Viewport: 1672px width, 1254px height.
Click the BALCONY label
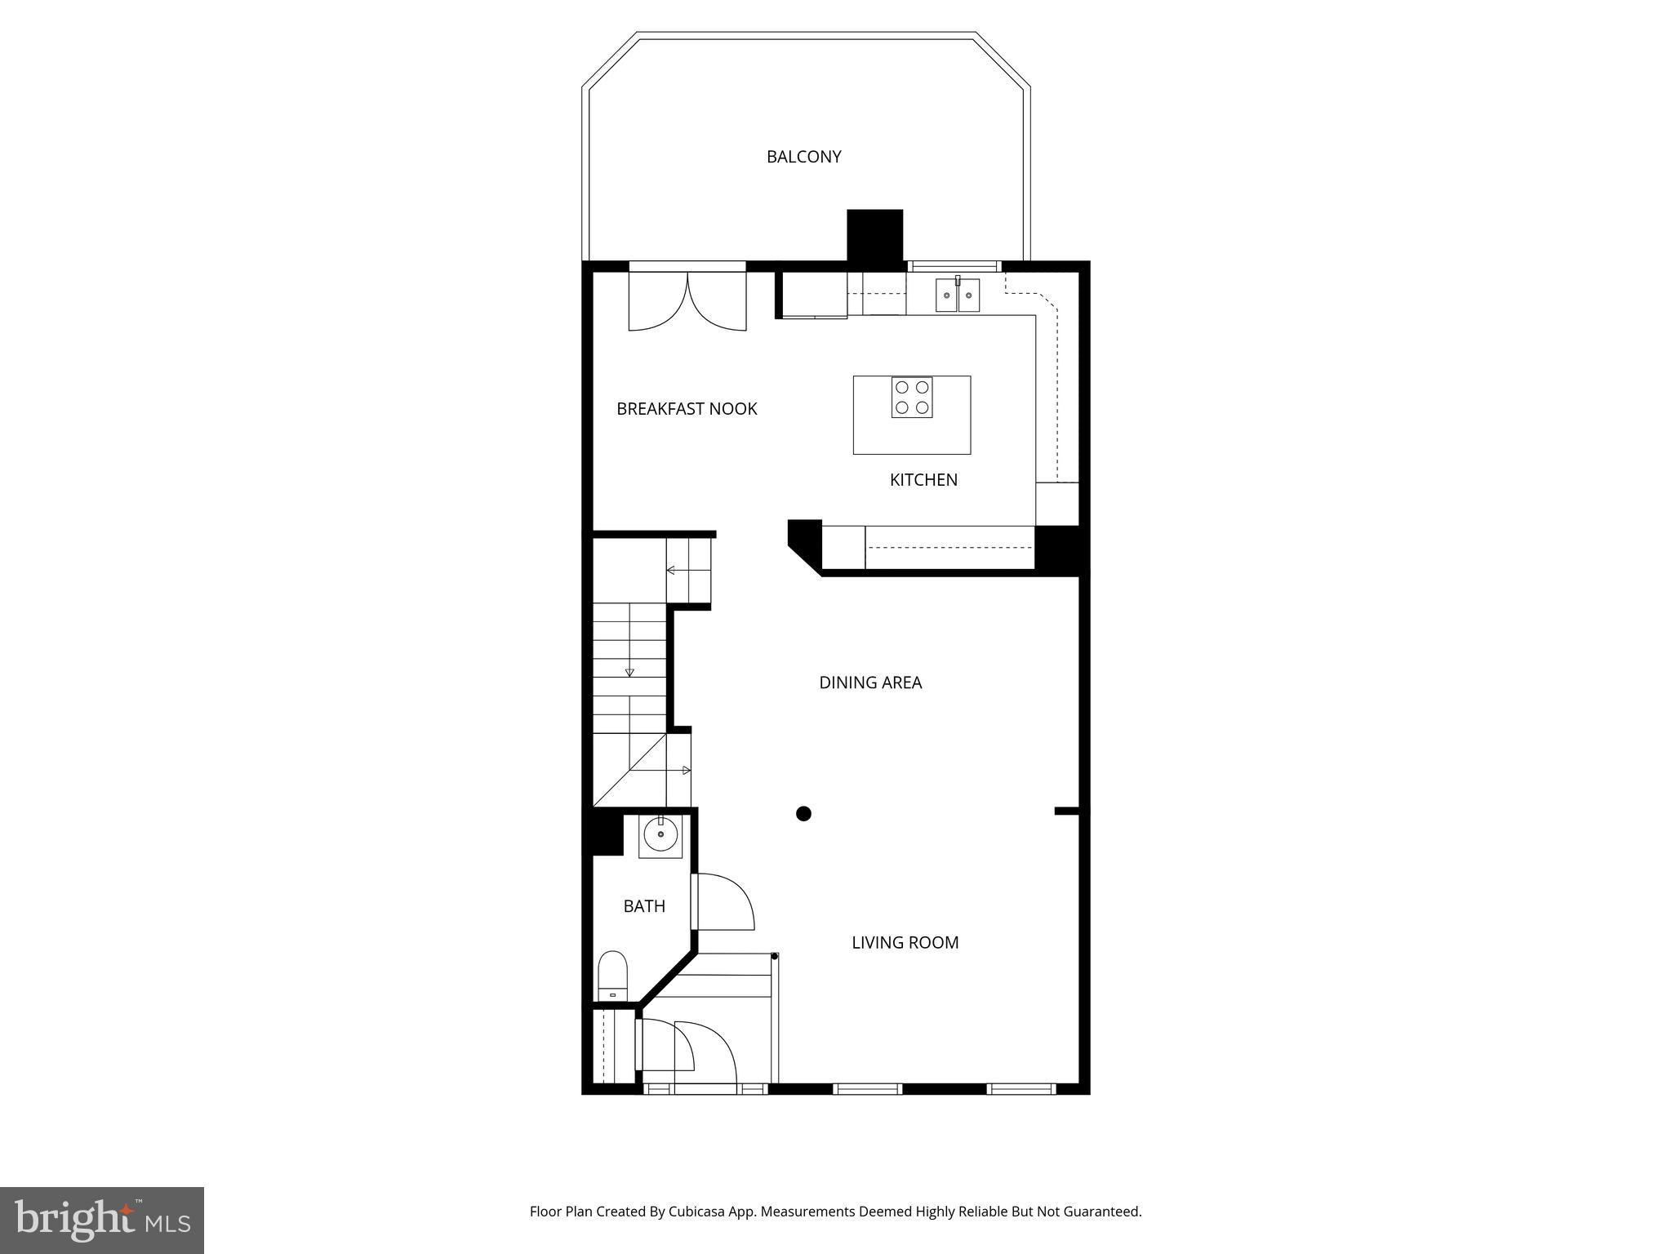803,157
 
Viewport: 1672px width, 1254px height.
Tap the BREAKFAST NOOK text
687,409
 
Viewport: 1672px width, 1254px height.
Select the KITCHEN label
923,480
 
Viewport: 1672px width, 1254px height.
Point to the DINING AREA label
870,683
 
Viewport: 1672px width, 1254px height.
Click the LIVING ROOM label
905,943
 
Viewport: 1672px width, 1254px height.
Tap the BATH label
644,906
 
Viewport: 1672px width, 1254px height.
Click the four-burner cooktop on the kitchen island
912,398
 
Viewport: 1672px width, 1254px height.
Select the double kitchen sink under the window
957,295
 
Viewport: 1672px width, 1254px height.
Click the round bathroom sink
660,835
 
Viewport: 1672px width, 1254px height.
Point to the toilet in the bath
612,976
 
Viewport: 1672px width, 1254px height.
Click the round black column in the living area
803,813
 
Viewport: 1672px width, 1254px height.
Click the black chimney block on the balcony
874,235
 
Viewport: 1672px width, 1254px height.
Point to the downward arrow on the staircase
629,672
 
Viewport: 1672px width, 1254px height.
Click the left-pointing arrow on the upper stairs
670,570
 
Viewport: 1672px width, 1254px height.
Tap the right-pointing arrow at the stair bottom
686,770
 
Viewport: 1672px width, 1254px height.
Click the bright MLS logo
102,1220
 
